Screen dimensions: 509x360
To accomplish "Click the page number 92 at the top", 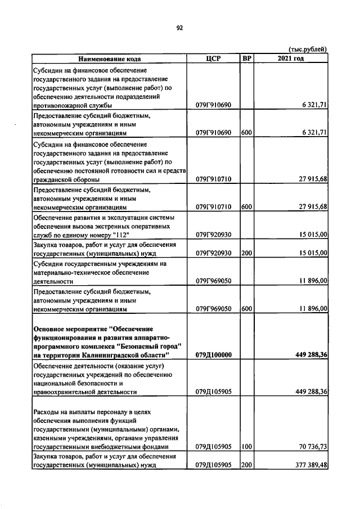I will [x=179, y=27].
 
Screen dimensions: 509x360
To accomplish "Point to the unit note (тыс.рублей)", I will [x=308, y=49].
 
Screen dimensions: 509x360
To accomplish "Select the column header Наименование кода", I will [x=110, y=58].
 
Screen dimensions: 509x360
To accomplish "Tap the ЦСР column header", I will [x=213, y=58].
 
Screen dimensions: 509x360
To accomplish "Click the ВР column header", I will [x=247, y=58].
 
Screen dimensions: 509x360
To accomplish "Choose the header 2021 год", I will [x=291, y=58].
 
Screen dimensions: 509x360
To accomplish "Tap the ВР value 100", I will [x=246, y=447].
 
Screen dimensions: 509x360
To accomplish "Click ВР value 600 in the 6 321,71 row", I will [x=246, y=133].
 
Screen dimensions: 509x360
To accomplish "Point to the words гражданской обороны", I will [x=66, y=179].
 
